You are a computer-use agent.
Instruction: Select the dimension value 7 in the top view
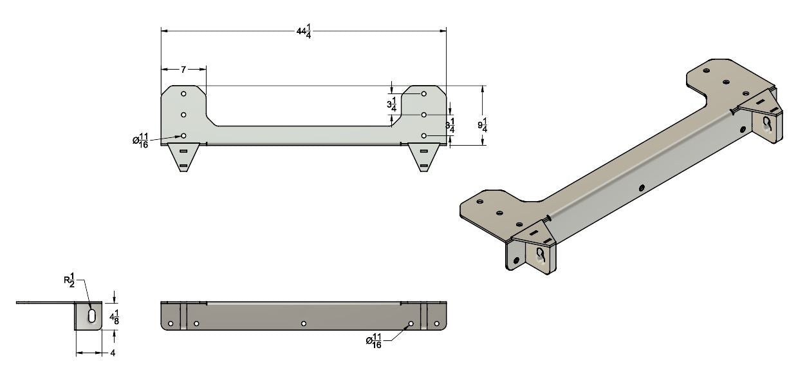tap(183, 69)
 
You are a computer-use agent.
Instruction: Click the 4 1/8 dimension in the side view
tap(114, 317)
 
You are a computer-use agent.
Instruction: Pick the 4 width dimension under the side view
tap(112, 353)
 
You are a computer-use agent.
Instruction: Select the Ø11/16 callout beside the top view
tap(141, 139)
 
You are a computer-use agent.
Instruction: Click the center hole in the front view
tap(303, 323)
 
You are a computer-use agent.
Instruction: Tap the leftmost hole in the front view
tap(171, 323)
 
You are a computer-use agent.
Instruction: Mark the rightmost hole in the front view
tap(436, 323)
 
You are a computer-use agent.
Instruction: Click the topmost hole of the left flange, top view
tap(183, 94)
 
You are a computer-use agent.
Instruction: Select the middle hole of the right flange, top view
tap(424, 115)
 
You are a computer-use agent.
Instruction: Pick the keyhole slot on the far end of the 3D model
tap(767, 122)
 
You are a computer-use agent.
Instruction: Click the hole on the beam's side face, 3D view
tap(642, 188)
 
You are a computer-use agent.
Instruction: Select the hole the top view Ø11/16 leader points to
tap(183, 136)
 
